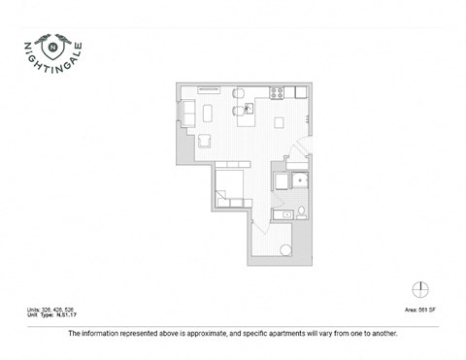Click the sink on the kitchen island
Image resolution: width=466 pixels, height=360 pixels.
pos(247,108)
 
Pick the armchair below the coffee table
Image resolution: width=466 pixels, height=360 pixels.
pos(205,143)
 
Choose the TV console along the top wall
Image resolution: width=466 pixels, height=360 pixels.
pos(210,90)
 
